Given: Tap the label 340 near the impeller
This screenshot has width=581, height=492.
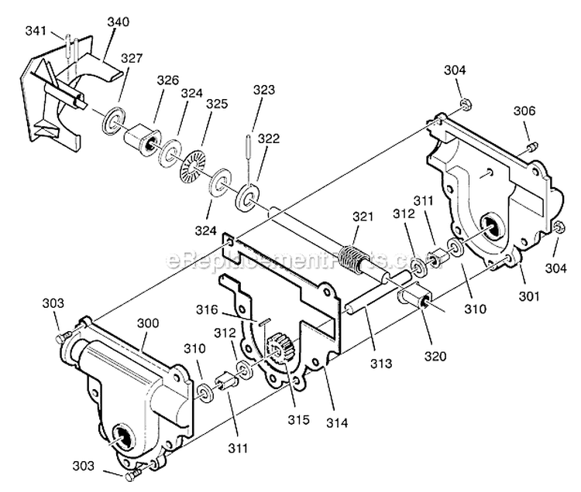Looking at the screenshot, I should pos(118,22).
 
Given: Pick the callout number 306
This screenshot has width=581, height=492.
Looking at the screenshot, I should pos(524,111).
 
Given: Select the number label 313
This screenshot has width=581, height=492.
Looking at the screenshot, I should pos(380,363).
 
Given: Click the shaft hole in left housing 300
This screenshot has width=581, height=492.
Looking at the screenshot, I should pos(124,435).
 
